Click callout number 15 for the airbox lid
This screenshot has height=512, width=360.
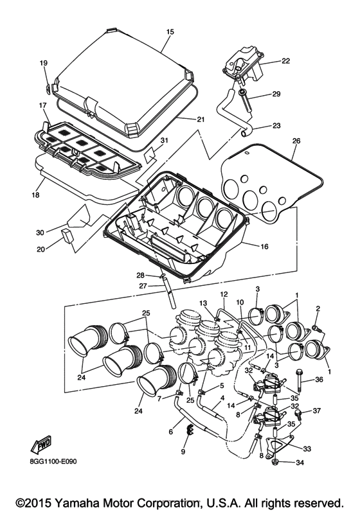click(x=170, y=31)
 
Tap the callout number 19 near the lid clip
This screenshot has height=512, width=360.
click(x=44, y=63)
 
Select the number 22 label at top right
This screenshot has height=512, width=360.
click(x=285, y=61)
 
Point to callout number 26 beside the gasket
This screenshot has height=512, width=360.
click(x=296, y=141)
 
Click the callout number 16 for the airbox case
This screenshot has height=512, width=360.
click(x=264, y=246)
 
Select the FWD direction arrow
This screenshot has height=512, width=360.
click(x=40, y=446)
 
